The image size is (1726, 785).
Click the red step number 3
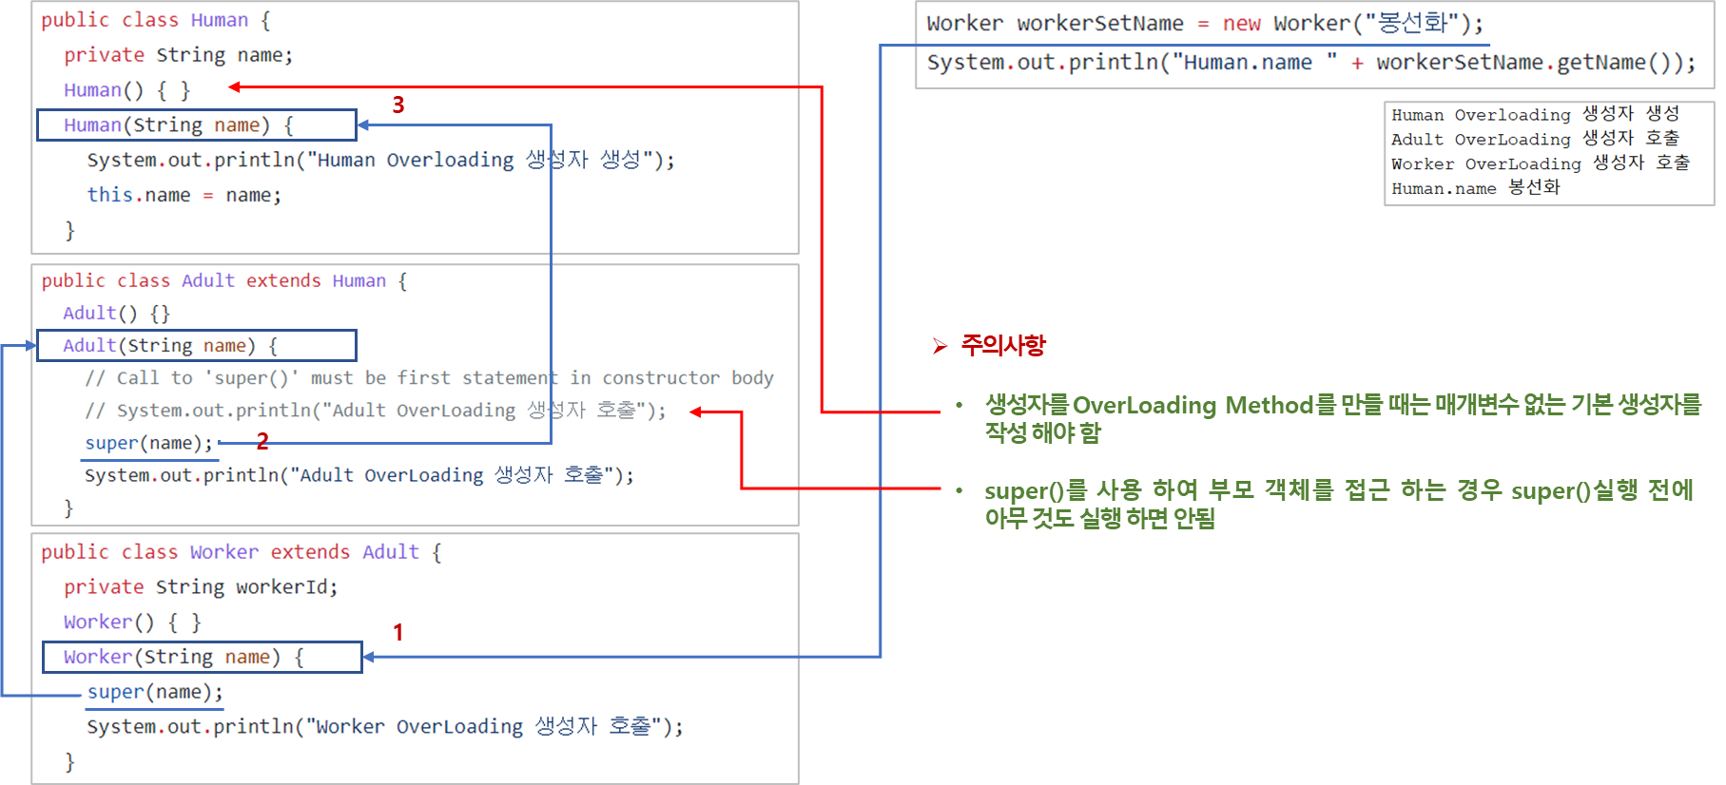point(398,105)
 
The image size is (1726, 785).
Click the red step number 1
point(398,632)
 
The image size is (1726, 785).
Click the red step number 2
point(262,441)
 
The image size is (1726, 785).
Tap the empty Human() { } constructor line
point(126,90)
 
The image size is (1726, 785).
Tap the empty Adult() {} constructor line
point(116,314)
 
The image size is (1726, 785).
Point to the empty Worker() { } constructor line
point(132,622)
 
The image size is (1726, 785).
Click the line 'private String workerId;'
point(200,587)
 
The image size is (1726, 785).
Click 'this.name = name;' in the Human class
point(184,196)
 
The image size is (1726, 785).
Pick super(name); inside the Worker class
point(155,693)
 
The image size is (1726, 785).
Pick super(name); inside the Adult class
point(149,444)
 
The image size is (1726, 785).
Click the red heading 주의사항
point(1003,345)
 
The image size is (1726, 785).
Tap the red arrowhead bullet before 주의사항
point(941,346)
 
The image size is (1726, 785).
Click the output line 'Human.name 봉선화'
point(1475,188)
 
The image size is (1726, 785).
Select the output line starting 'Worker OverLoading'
point(1540,163)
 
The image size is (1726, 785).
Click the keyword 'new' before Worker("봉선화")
point(1241,24)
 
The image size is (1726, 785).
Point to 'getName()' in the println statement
point(1617,63)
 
